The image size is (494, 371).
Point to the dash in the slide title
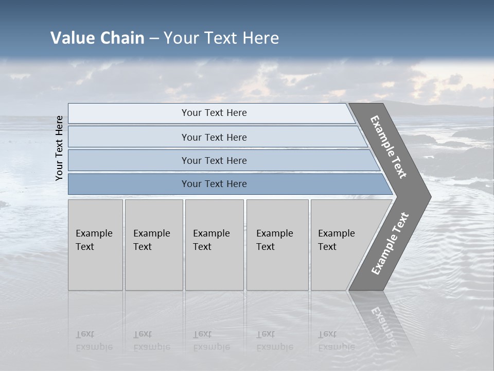pyautogui.click(x=154, y=38)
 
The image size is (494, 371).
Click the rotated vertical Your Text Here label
pyautogui.click(x=59, y=148)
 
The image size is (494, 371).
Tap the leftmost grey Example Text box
pyautogui.click(x=95, y=245)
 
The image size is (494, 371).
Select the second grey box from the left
pyautogui.click(x=154, y=245)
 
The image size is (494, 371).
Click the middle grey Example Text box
pyautogui.click(x=214, y=245)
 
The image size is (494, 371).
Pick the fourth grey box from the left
pyautogui.click(x=277, y=245)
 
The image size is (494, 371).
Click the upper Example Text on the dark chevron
pyautogui.click(x=389, y=147)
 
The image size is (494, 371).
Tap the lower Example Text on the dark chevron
pyautogui.click(x=390, y=244)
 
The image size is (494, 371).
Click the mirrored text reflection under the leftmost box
pyautogui.click(x=94, y=340)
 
